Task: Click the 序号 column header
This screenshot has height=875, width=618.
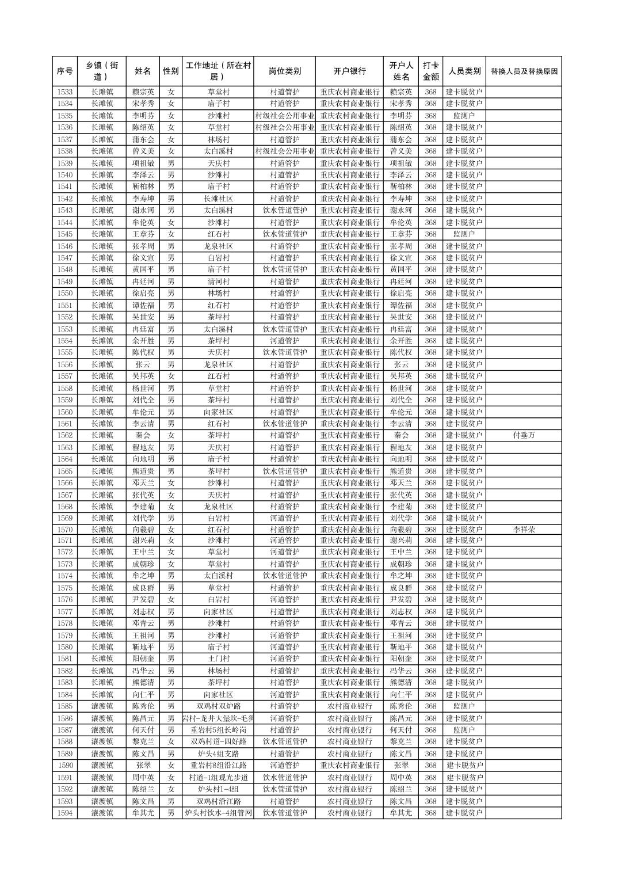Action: pos(65,71)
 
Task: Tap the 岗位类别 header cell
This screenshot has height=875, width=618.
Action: pos(284,71)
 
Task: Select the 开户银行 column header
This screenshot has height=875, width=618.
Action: pos(349,71)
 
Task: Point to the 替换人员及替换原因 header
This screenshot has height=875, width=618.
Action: pos(524,71)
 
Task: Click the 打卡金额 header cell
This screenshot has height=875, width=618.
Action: pos(430,71)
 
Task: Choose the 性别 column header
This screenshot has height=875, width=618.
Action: pos(170,71)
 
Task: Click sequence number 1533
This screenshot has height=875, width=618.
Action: pos(65,92)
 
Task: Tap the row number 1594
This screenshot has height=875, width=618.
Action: pos(65,813)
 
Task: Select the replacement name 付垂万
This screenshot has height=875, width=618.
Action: pos(524,435)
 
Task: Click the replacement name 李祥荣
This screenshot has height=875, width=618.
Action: pos(524,530)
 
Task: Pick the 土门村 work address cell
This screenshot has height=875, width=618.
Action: pos(219,659)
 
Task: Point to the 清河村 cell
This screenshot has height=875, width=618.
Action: pos(219,281)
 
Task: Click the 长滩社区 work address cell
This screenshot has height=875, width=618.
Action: pos(219,199)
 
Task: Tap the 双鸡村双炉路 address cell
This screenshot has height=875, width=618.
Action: pos(219,706)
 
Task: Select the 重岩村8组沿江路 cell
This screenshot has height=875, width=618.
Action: pos(219,766)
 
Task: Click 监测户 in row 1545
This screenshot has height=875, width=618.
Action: pos(464,234)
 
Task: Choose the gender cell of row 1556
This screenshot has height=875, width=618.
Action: pos(170,364)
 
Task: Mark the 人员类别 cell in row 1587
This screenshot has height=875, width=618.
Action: pos(464,730)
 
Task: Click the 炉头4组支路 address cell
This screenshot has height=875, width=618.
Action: pos(219,754)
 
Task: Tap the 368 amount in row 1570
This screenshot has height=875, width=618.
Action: pos(430,530)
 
